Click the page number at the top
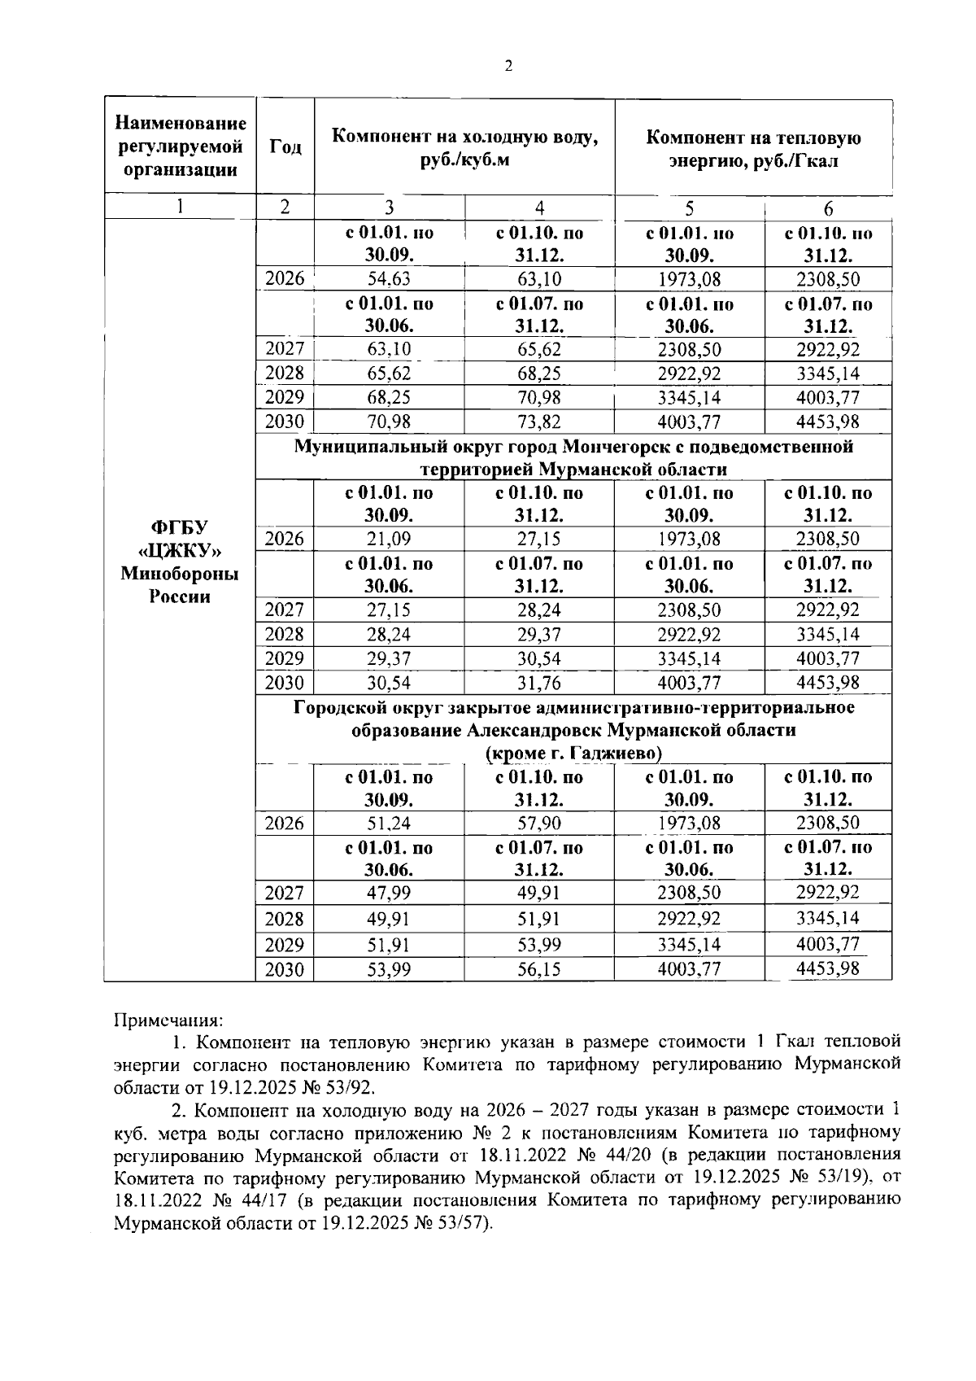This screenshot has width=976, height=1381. point(508,67)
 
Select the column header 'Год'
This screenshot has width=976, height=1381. point(285,147)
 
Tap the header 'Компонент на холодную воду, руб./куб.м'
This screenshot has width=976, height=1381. point(464,148)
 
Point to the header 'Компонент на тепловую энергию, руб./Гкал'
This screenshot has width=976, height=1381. point(753,148)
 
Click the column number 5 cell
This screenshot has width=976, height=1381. point(689,208)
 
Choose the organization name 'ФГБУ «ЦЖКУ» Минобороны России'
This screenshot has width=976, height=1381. point(180,562)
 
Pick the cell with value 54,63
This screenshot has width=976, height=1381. point(389,279)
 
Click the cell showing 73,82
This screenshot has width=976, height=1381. point(539,422)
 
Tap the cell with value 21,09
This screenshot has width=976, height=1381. point(389,539)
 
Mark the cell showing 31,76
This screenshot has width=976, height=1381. point(539,682)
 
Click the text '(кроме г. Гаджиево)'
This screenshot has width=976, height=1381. point(573,753)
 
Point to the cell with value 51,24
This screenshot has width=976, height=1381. point(389,823)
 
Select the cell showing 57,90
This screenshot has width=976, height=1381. point(539,823)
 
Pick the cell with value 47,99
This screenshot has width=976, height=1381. point(389,893)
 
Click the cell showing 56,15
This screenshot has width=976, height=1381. point(539,969)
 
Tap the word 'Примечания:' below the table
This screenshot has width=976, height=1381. point(168,1020)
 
